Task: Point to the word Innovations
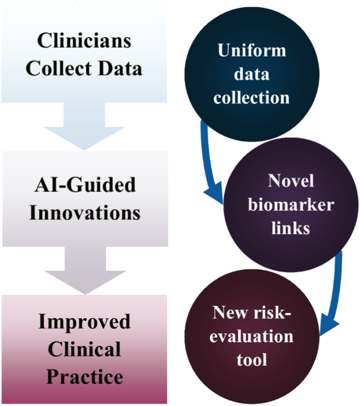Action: coord(85,213)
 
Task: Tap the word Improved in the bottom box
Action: coord(85,322)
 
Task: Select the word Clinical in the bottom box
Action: coord(85,349)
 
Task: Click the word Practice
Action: coord(85,377)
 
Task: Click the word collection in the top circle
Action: coord(252,97)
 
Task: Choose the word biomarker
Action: coord(290,205)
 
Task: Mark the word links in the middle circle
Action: coord(290,228)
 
